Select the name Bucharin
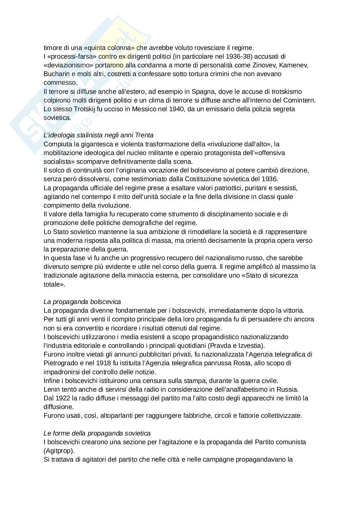coord(55,74)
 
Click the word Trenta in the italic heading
coord(145,135)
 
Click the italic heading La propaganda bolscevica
coord(82,302)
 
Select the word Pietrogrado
coord(60,363)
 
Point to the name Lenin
coord(51,389)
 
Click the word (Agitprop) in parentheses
coord(59,451)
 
